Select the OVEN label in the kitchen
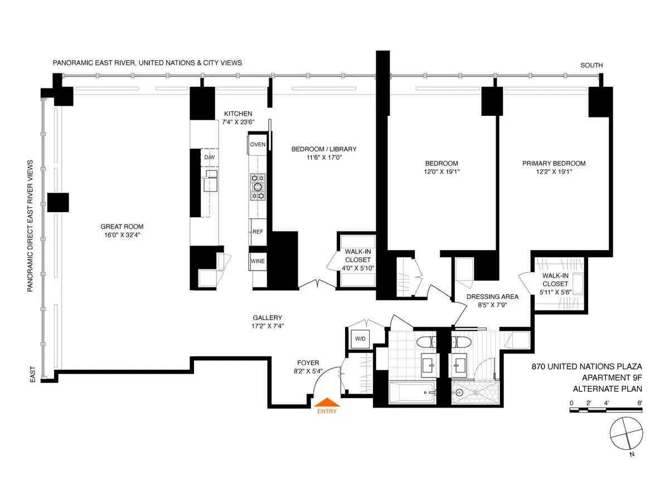coord(258,144)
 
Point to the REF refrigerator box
coord(258,232)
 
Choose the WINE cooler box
coord(258,261)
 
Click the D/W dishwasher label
coord(209,158)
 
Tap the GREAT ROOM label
coord(122,227)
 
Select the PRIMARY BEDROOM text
coord(554,163)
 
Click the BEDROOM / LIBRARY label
coord(323,149)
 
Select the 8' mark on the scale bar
coord(640,402)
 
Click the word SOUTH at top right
coord(592,65)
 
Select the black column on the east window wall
coord(57,202)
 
